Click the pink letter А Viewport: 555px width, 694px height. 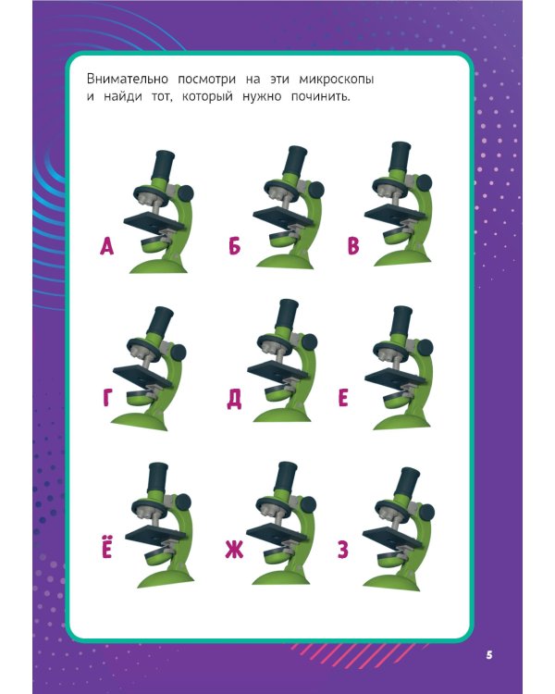click(106, 246)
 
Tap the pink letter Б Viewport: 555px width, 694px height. click(234, 246)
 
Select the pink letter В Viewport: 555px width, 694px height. click(352, 246)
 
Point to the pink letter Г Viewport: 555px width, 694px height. click(107, 398)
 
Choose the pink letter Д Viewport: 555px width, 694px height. click(234, 399)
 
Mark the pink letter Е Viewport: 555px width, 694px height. click(343, 398)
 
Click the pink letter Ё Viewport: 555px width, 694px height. click(106, 548)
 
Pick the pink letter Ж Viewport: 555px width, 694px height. click(234, 551)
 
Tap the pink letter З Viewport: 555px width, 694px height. click(343, 551)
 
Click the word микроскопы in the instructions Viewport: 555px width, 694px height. click(337, 80)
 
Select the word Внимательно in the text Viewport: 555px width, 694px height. click(128, 79)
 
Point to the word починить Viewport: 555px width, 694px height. click(320, 96)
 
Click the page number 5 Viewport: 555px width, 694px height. click(489, 655)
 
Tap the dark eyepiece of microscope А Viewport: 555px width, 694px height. click(163, 164)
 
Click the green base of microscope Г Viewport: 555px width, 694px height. click(140, 421)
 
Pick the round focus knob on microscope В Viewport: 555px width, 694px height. click(424, 182)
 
